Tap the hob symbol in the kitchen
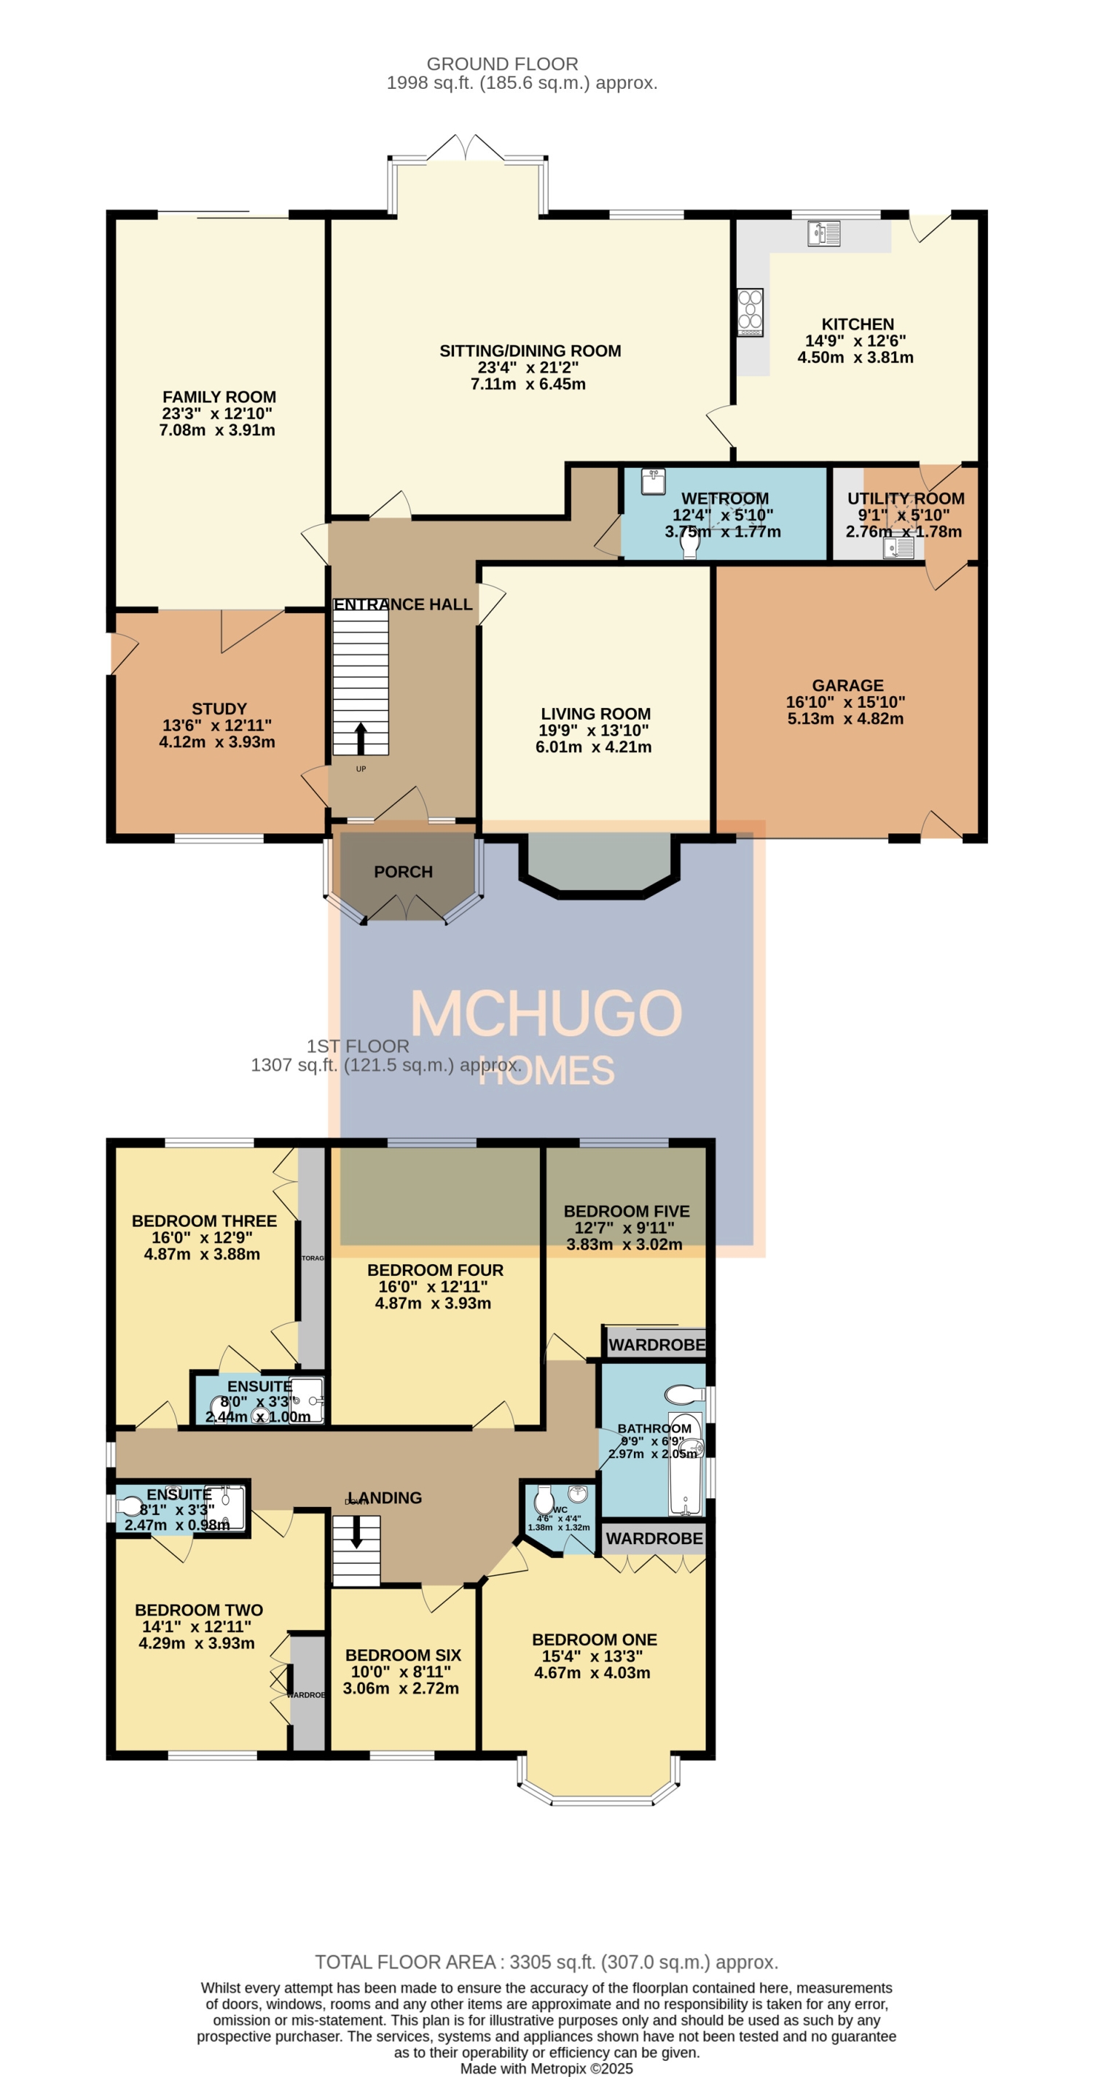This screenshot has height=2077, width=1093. click(750, 312)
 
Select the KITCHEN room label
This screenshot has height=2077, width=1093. click(857, 324)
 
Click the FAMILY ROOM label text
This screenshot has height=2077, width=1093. click(219, 397)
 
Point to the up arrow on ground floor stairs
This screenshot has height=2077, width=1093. click(360, 737)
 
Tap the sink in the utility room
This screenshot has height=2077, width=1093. click(898, 548)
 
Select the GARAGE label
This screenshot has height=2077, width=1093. click(847, 685)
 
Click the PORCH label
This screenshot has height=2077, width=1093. click(403, 872)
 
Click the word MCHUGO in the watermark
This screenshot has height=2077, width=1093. click(546, 1013)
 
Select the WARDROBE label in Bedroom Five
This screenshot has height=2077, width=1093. click(656, 1345)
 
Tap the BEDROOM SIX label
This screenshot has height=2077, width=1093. click(403, 1654)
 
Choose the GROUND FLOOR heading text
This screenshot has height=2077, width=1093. click(501, 63)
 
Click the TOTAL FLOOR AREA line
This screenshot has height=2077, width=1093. click(546, 1962)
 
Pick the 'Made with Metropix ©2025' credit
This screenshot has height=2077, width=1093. click(546, 2068)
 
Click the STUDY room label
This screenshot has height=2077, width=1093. click(219, 709)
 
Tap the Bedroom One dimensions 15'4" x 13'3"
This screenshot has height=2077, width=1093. click(592, 1656)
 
